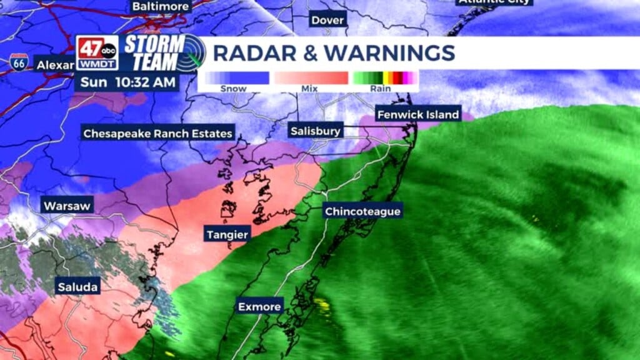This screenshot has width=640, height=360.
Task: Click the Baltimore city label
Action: point(161,6)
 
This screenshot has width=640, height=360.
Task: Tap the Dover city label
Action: point(328,20)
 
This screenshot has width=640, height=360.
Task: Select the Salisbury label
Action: point(316,131)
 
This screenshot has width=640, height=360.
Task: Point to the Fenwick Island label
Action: point(417,114)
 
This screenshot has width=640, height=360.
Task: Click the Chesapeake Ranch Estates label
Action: point(158,133)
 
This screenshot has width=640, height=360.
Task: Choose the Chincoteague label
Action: point(362,211)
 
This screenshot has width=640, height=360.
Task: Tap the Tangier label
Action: point(227,234)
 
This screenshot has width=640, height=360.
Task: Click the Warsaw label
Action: point(67,205)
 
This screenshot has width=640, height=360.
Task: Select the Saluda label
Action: point(77,287)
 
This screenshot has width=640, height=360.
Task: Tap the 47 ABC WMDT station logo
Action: point(97,52)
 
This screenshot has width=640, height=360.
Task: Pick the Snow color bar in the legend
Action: point(234,78)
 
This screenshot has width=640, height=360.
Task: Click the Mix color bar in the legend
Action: point(309,78)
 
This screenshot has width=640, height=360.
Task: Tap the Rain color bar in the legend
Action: point(385,78)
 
